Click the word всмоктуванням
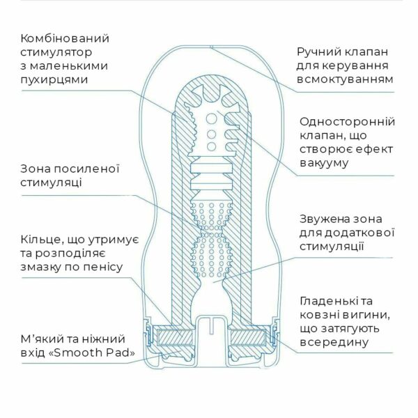(345, 79)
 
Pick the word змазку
(40, 266)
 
